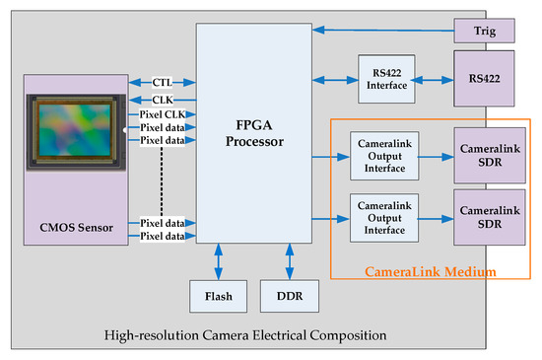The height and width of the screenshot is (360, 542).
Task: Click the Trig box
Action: [x=483, y=31]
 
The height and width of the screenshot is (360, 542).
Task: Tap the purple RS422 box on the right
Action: [x=483, y=76]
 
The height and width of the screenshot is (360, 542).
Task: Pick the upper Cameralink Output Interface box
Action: [x=378, y=156]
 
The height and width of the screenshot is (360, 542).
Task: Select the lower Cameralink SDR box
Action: [x=483, y=216]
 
